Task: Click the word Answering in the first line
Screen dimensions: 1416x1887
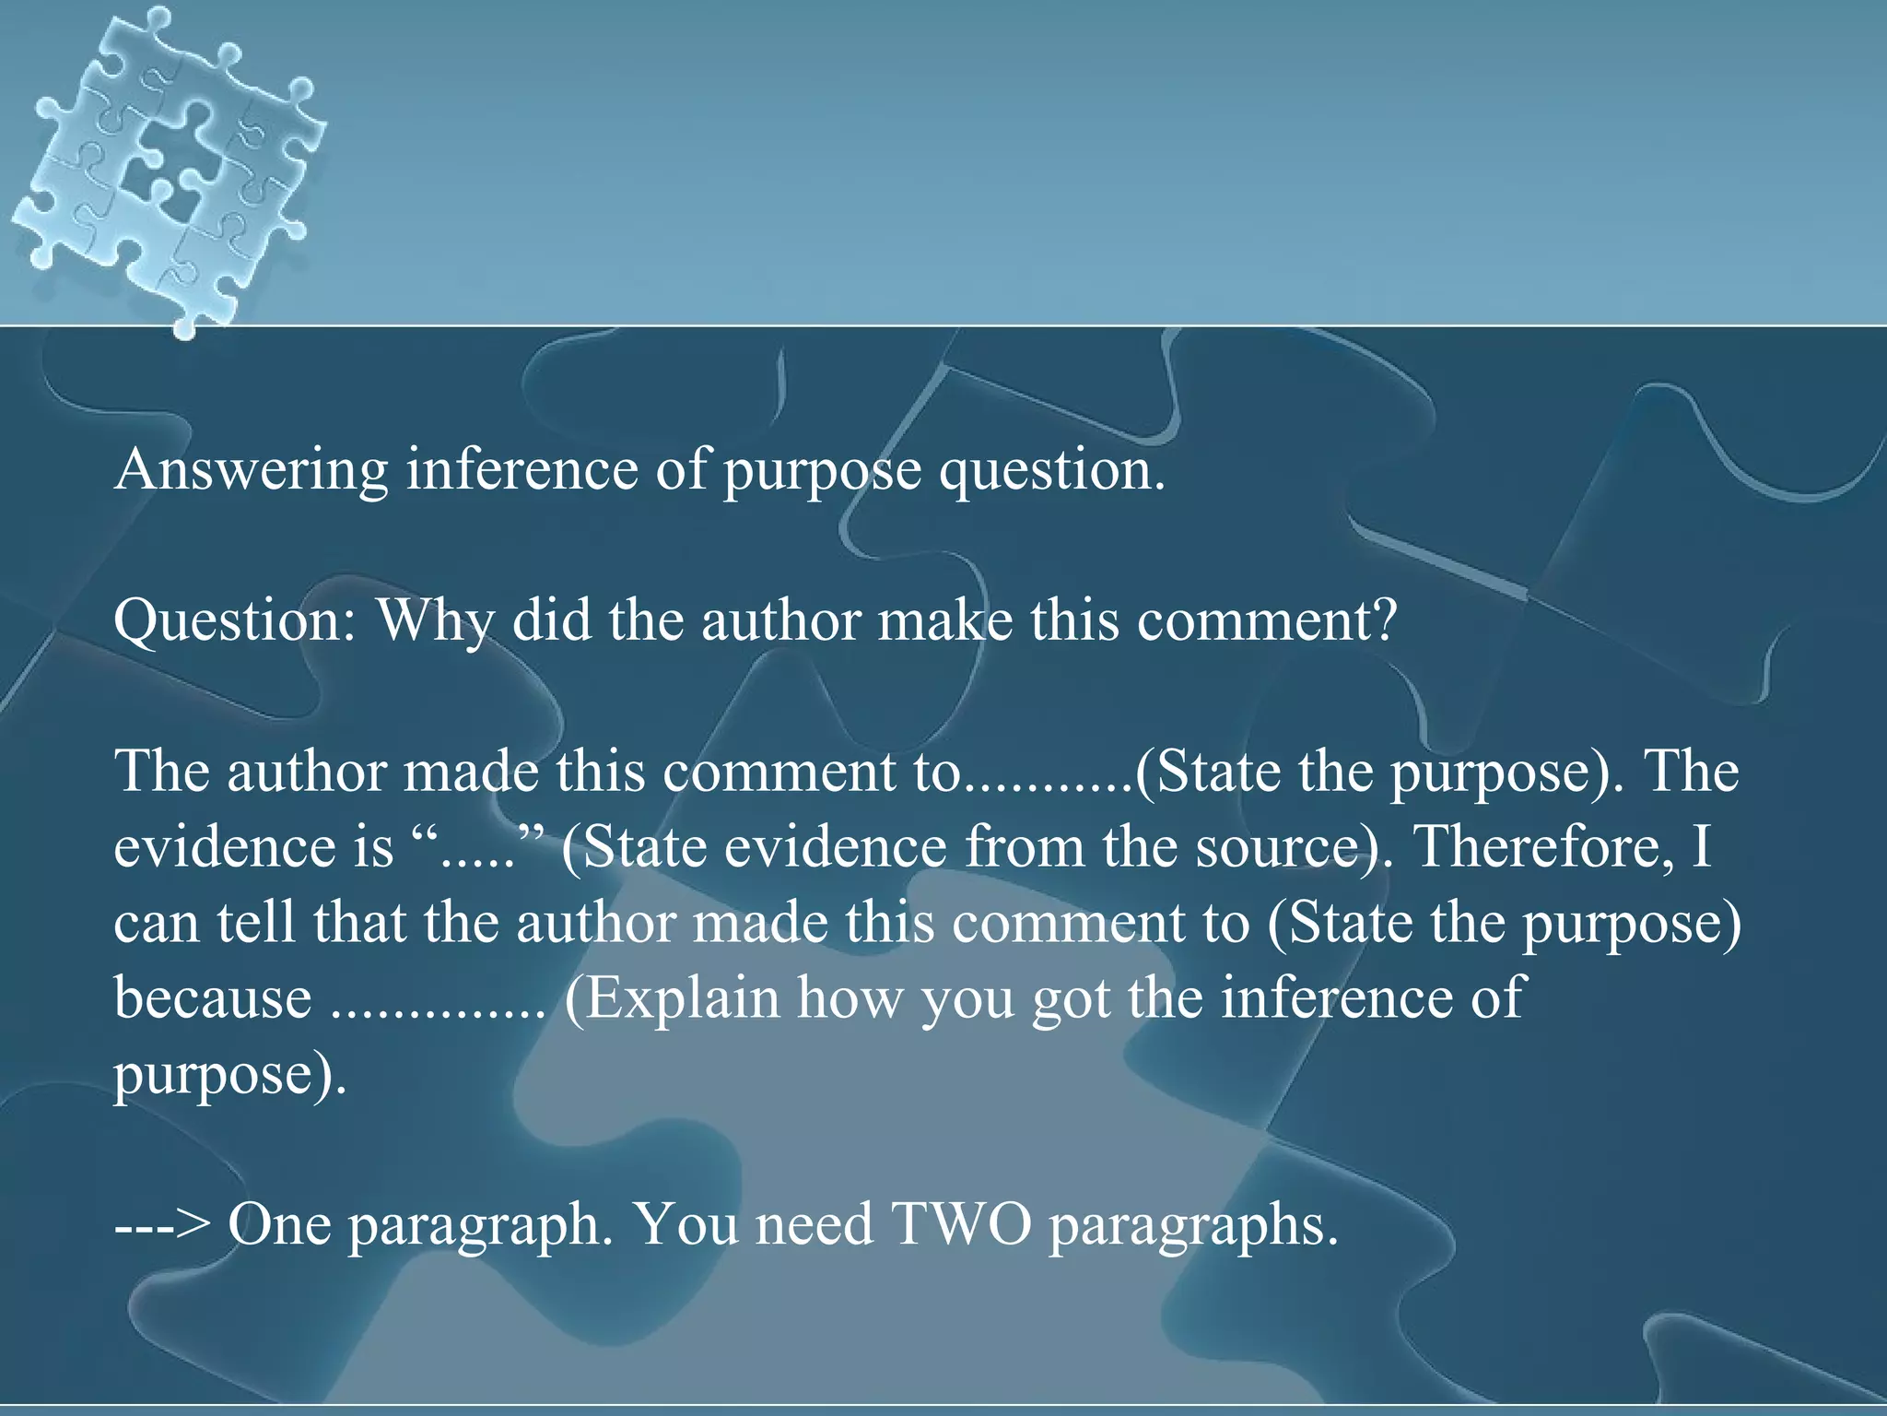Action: click(x=252, y=470)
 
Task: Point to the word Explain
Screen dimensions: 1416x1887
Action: click(x=683, y=997)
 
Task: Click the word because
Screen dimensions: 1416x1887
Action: click(x=213, y=997)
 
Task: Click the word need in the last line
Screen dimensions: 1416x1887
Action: click(x=814, y=1224)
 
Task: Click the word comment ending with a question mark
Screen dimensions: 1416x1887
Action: click(x=1267, y=620)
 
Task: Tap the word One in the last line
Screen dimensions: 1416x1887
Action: click(x=279, y=1224)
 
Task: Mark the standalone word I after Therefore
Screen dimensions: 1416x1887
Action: click(x=1701, y=846)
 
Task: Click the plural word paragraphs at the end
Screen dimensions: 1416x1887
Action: click(x=1192, y=1226)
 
